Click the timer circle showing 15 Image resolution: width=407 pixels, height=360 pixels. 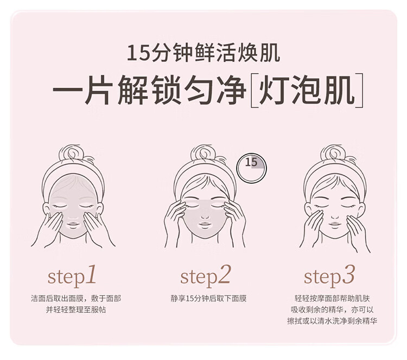click(252, 166)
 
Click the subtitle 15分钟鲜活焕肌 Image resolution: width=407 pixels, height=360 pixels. click(203, 54)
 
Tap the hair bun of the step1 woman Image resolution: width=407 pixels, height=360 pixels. click(72, 153)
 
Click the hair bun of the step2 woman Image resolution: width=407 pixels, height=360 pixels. click(203, 153)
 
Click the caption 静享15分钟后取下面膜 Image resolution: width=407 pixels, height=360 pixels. click(208, 299)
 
